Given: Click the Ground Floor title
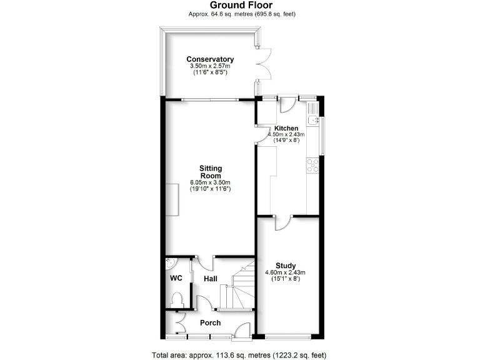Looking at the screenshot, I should click(x=239, y=5).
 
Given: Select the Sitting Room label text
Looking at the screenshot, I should click(x=211, y=172).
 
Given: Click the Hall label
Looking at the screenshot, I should click(x=210, y=279).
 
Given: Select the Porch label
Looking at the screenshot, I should click(x=210, y=323).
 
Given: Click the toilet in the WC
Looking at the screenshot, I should click(x=177, y=299).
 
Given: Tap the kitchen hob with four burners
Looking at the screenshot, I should click(x=311, y=165).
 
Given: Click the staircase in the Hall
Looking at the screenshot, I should click(x=236, y=287).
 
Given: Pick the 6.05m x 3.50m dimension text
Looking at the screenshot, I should click(x=211, y=182).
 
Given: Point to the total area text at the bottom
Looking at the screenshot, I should click(x=239, y=355).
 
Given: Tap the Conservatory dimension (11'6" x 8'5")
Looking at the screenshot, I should click(x=209, y=73).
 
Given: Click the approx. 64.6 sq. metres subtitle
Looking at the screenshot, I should click(x=239, y=14).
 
